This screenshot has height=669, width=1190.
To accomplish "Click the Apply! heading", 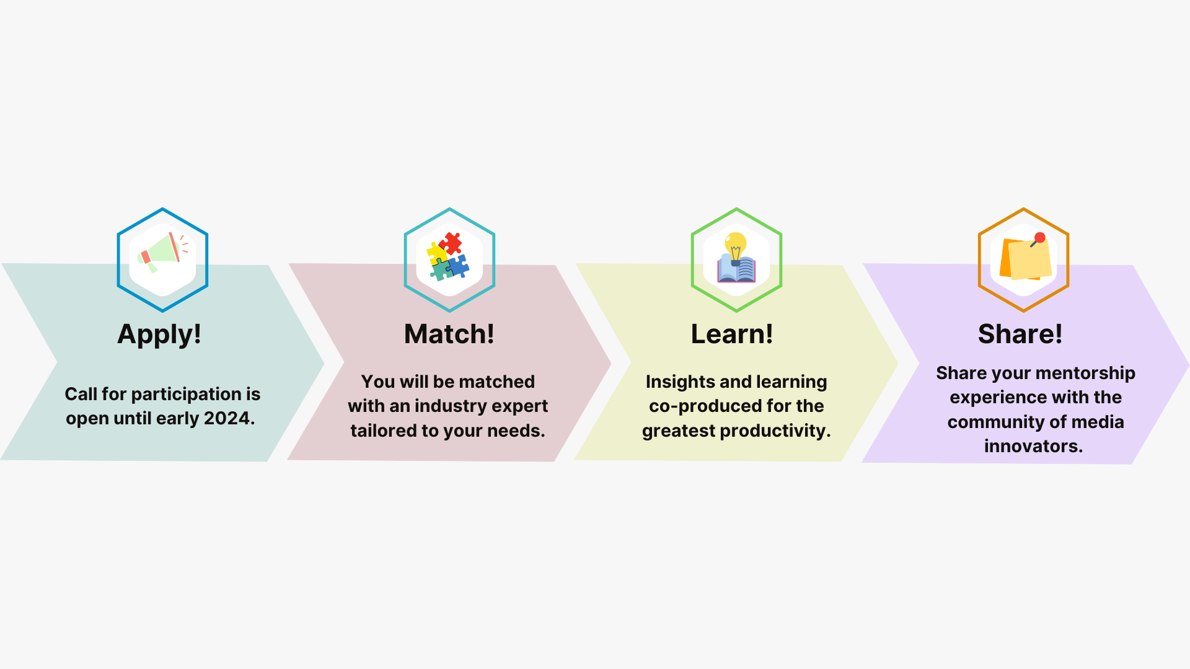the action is click(x=159, y=334).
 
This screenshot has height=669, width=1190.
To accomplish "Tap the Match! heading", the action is click(x=449, y=334).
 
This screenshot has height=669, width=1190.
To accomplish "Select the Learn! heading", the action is click(x=732, y=334).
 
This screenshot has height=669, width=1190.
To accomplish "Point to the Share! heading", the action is click(x=1020, y=334).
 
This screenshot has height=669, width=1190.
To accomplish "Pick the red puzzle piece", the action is click(x=451, y=243).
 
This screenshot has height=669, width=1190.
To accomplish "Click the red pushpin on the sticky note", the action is click(x=1039, y=238).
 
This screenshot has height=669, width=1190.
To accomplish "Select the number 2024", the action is click(x=229, y=418).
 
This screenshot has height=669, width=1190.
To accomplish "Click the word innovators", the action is click(x=1033, y=446).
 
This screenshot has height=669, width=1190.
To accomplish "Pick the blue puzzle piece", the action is click(x=457, y=266).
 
